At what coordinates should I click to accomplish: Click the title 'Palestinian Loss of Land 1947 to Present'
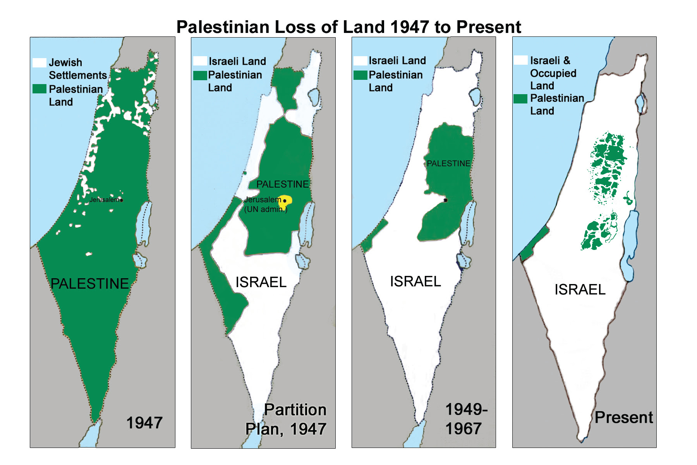click(x=348, y=27)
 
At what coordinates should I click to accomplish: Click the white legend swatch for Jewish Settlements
click(x=39, y=63)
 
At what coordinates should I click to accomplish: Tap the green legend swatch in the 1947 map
click(x=39, y=89)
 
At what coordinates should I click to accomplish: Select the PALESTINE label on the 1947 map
click(x=90, y=284)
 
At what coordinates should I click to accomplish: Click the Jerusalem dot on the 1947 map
click(x=122, y=200)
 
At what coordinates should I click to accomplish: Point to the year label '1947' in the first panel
click(x=144, y=423)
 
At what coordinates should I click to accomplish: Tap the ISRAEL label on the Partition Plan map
click(x=261, y=282)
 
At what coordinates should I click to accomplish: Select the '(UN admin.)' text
click(x=266, y=209)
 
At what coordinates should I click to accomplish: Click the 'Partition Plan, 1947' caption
click(x=287, y=420)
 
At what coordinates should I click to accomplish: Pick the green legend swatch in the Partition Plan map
click(x=200, y=76)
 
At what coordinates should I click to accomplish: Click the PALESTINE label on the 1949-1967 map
click(x=448, y=164)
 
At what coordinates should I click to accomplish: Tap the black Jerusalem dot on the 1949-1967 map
click(x=445, y=200)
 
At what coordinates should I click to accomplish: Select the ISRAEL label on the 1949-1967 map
click(x=415, y=281)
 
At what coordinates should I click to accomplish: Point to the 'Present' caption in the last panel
click(x=623, y=417)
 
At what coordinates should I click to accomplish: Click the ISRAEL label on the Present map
click(x=580, y=289)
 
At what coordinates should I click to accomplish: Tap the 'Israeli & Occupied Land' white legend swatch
click(x=521, y=60)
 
